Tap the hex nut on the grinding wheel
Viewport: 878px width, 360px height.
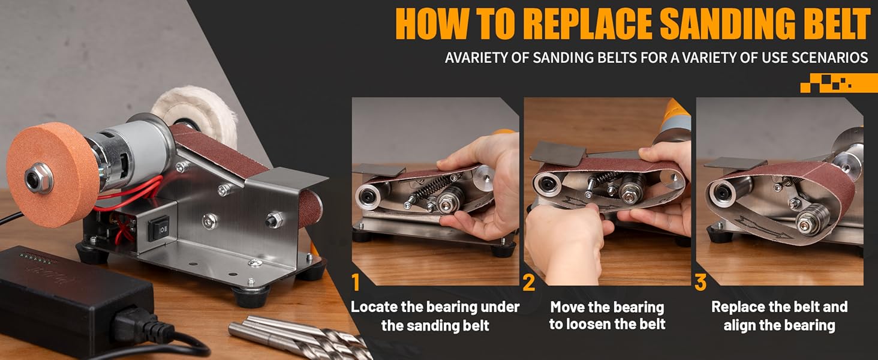(38, 178)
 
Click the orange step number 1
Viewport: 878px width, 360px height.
(356, 283)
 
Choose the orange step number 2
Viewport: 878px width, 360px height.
(529, 283)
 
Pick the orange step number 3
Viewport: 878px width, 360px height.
(700, 283)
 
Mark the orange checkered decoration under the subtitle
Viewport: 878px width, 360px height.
(839, 83)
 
